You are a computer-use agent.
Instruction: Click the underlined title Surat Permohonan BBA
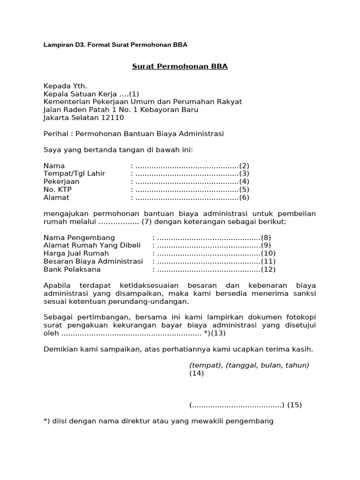[x=180, y=66]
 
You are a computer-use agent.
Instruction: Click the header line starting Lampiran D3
[x=115, y=45]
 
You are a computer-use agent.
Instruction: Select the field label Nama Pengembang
[x=79, y=238]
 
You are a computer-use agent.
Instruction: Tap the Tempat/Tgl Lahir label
[x=75, y=173]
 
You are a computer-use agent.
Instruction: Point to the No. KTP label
[x=58, y=189]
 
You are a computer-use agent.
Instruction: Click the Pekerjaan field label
[x=61, y=181]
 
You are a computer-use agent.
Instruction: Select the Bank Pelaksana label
[x=72, y=270]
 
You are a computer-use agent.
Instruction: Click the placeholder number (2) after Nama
[x=244, y=165]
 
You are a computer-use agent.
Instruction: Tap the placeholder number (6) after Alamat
[x=244, y=197]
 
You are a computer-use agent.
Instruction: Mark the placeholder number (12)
[x=268, y=270]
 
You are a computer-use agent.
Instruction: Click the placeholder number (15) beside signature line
[x=294, y=405]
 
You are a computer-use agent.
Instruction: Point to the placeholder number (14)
[x=197, y=374]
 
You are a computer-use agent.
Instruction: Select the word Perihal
[x=56, y=134]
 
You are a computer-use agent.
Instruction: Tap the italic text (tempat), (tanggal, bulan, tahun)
[x=249, y=365]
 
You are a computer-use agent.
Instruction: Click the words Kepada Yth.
[x=65, y=86]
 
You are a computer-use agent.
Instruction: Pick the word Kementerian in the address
[x=67, y=102]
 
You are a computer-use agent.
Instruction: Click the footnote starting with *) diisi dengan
[x=158, y=421]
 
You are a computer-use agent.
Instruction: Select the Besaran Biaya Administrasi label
[x=93, y=262]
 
